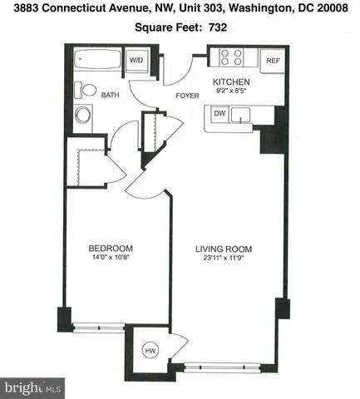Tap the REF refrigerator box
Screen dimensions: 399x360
click(271, 61)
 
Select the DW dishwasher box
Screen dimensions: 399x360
click(220, 113)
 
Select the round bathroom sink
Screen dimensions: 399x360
click(83, 116)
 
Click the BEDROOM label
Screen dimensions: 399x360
click(111, 249)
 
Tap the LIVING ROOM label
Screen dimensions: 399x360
click(224, 249)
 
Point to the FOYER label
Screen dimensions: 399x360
click(187, 96)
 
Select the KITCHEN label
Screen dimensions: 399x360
click(232, 81)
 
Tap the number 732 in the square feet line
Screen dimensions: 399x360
click(218, 27)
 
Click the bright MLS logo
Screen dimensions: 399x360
click(33, 387)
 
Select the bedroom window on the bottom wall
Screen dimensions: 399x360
click(98, 328)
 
